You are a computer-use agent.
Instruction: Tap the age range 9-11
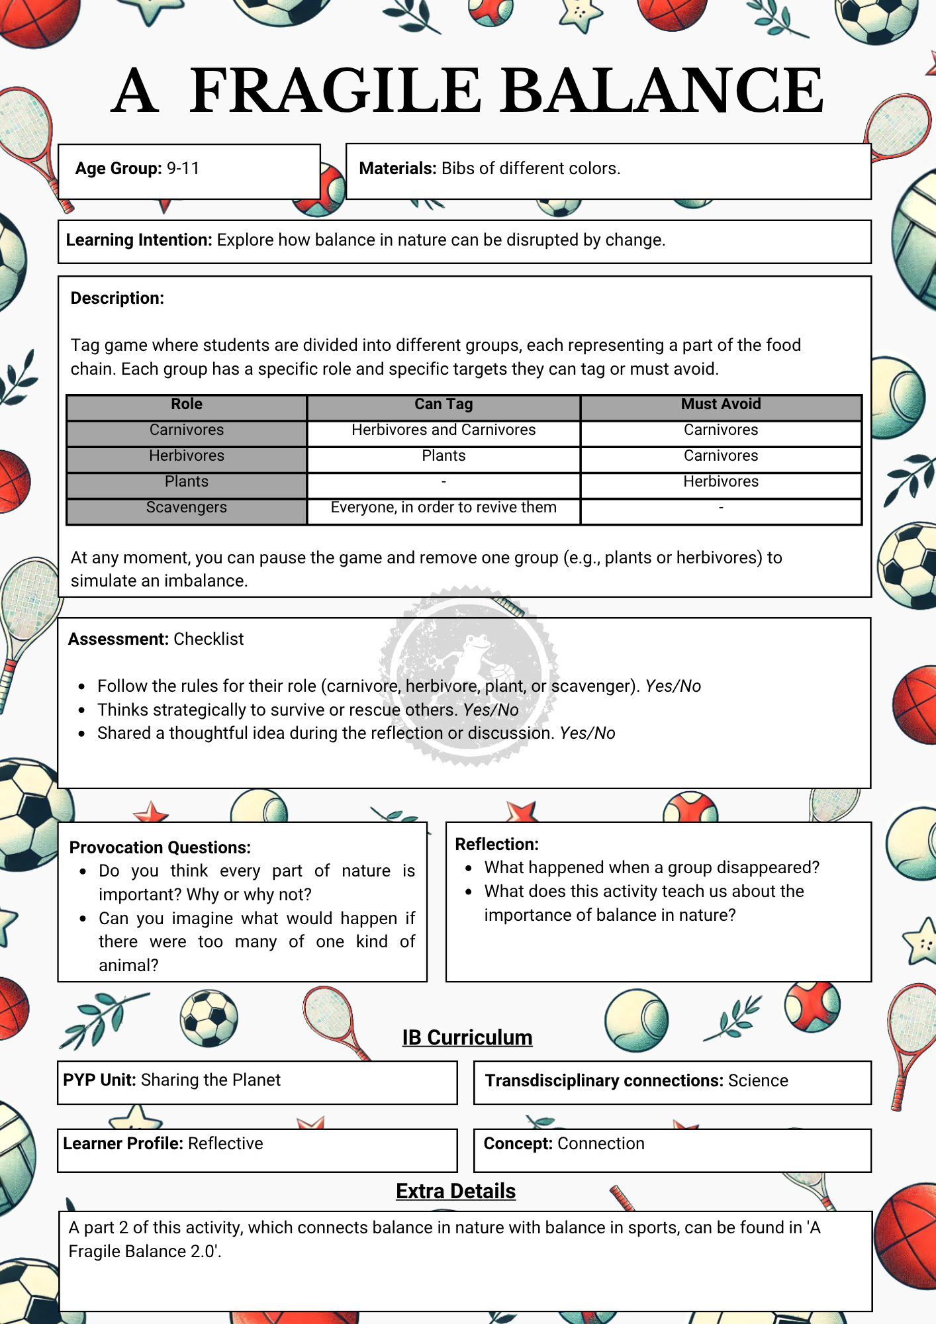point(183,169)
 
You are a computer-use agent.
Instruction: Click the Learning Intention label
point(138,240)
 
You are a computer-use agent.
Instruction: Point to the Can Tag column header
point(444,404)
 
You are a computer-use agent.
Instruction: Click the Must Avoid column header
point(721,404)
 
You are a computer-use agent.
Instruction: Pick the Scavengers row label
point(187,508)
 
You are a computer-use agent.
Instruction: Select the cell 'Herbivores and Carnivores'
point(444,430)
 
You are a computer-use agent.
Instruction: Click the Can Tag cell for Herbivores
point(444,456)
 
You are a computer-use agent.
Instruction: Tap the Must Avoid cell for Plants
point(721,482)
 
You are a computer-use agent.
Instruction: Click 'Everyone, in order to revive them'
point(444,508)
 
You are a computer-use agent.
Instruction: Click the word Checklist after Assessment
point(209,639)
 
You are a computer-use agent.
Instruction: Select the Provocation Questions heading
point(160,848)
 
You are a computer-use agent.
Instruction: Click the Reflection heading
point(496,845)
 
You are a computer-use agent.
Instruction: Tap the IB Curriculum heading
point(467,1037)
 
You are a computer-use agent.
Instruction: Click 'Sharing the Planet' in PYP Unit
point(211,1080)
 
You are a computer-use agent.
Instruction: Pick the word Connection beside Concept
point(600,1144)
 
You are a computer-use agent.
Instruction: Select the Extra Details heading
point(455,1192)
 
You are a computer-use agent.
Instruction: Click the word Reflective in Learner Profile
point(225,1144)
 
